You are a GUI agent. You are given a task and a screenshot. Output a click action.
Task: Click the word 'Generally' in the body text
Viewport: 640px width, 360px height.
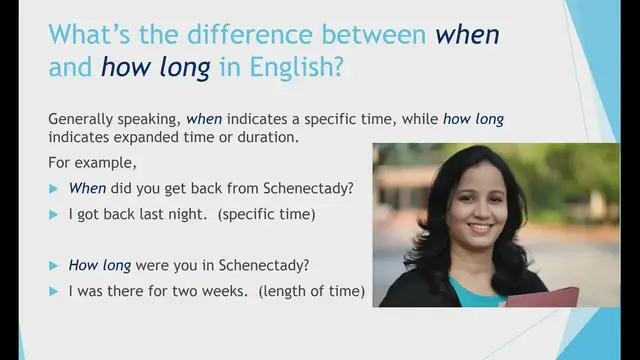coord(81,119)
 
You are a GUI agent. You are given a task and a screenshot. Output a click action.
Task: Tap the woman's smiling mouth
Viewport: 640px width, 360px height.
coord(480,229)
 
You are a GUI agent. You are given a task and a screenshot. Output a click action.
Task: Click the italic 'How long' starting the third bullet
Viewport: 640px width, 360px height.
coord(95,266)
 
